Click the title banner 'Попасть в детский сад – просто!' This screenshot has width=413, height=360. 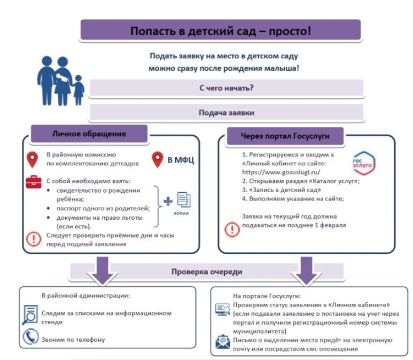(x=220, y=30)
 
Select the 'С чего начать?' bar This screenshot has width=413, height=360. (x=226, y=88)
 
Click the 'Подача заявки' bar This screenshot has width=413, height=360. (x=226, y=112)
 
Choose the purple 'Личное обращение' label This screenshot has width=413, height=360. (x=88, y=134)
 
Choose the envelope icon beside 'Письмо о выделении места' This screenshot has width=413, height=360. (x=222, y=342)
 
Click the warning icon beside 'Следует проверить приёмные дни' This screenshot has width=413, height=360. (x=34, y=239)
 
